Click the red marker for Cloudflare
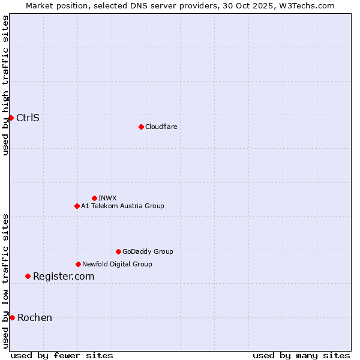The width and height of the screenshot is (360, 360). (x=141, y=127)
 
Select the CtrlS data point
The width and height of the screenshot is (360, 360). (x=11, y=118)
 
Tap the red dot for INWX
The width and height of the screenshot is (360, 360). (x=94, y=198)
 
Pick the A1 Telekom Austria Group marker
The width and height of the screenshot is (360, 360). (x=77, y=206)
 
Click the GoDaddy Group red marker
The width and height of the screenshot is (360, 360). (x=118, y=251)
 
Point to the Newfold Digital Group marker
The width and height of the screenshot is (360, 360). (x=78, y=264)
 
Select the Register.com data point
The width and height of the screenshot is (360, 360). (x=28, y=276)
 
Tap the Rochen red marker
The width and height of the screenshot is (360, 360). (x=12, y=317)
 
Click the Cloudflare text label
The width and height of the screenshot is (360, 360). (x=161, y=127)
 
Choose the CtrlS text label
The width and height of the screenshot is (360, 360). (x=28, y=118)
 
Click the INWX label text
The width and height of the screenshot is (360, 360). (x=107, y=198)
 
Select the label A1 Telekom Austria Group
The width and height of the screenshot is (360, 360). (x=122, y=206)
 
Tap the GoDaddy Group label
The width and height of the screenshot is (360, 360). (x=148, y=251)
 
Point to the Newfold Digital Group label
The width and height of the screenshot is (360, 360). (x=117, y=264)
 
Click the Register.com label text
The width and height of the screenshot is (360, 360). (x=64, y=276)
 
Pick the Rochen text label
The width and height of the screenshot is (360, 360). (x=35, y=317)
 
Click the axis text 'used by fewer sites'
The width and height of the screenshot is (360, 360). (x=62, y=355)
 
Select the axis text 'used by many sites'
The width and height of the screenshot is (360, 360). (x=301, y=355)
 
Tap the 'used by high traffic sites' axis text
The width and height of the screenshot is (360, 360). (x=5, y=85)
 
